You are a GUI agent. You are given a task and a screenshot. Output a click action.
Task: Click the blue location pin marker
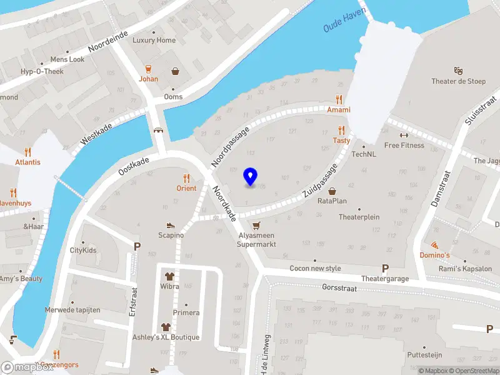tap(251, 176)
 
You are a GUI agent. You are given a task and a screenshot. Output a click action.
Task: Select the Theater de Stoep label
tap(458, 81)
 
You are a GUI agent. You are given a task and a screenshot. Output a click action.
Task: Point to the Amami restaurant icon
tap(339, 99)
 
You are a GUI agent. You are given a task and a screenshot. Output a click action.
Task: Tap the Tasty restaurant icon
tap(341, 130)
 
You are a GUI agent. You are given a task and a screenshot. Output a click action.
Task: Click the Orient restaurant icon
tap(186, 177)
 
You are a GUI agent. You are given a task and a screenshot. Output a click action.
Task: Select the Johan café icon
tap(148, 69)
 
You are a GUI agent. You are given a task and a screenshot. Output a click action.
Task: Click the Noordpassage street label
tap(230, 146)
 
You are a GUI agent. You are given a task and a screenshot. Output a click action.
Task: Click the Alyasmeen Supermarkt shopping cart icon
tap(256, 225)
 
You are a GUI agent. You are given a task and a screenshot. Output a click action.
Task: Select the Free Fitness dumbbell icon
tap(403, 135)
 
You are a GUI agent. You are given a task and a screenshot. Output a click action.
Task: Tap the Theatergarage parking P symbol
tap(385, 268)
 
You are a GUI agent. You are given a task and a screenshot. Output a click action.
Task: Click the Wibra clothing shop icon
tap(169, 275)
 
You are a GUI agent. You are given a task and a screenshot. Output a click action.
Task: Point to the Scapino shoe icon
tap(170, 225)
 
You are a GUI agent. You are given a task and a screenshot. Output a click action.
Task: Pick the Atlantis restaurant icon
tap(27, 151)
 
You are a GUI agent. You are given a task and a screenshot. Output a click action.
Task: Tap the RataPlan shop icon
tap(332, 191)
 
